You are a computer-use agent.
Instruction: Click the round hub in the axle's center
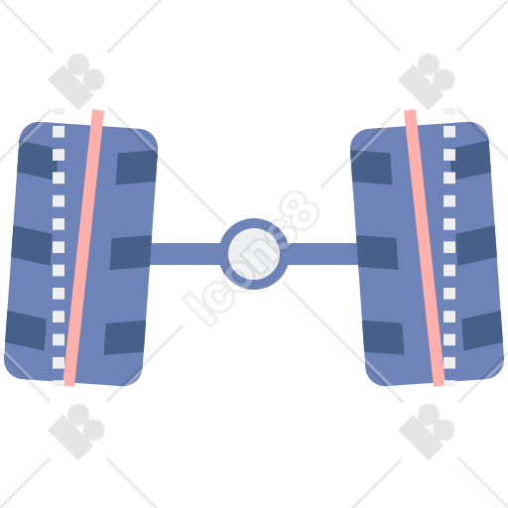coord(254,254)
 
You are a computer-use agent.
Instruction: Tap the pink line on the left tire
coord(84,248)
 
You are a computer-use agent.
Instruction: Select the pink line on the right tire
coord(424,248)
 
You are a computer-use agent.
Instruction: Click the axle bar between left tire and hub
coord(186,254)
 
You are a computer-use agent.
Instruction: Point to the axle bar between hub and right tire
coord(321,254)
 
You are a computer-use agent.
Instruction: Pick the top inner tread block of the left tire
coord(137,168)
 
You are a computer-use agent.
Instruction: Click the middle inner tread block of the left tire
coord(131,252)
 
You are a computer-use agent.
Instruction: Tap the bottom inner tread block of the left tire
coord(125,337)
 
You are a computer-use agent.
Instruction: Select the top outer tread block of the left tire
coord(36,160)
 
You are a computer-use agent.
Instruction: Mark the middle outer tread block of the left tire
coord(31,245)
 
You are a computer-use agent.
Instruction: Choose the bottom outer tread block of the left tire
coord(26,330)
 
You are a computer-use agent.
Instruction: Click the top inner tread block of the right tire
coord(371,168)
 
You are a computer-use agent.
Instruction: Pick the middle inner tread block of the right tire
coord(377,252)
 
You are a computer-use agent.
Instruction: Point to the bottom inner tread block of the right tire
coord(383,337)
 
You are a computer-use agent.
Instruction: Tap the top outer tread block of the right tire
coord(471,160)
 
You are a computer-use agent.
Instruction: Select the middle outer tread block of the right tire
coord(476,245)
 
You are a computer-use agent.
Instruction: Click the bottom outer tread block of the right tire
coord(482,330)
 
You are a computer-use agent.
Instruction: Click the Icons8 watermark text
coord(251,259)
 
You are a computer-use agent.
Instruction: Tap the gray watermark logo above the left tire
coord(76,81)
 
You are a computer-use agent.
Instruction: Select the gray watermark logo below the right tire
coord(427,432)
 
